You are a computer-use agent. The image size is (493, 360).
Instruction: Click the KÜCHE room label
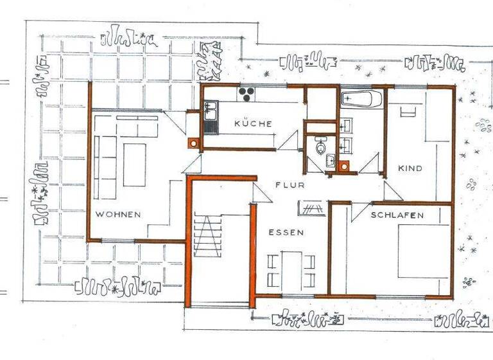[253, 123]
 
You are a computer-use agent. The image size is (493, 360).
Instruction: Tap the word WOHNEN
[118, 214]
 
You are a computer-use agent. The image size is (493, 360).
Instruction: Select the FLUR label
[288, 184]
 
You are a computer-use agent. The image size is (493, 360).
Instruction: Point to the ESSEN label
[286, 232]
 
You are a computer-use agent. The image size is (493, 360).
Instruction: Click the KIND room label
[410, 168]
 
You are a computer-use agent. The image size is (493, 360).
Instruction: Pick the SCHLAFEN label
[397, 215]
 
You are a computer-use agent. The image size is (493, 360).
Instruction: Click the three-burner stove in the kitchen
[247, 94]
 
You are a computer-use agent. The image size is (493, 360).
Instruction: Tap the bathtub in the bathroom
[362, 99]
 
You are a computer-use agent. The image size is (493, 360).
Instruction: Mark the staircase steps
[207, 235]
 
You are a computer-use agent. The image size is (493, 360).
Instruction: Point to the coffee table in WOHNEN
[135, 165]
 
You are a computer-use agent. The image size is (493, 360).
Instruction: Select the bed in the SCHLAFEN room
[422, 252]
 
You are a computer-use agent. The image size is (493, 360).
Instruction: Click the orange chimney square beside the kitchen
[193, 143]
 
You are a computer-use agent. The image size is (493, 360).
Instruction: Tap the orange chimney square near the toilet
[345, 166]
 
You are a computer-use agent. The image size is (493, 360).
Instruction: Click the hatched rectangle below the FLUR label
[312, 208]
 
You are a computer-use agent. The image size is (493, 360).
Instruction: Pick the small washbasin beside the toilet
[330, 161]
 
